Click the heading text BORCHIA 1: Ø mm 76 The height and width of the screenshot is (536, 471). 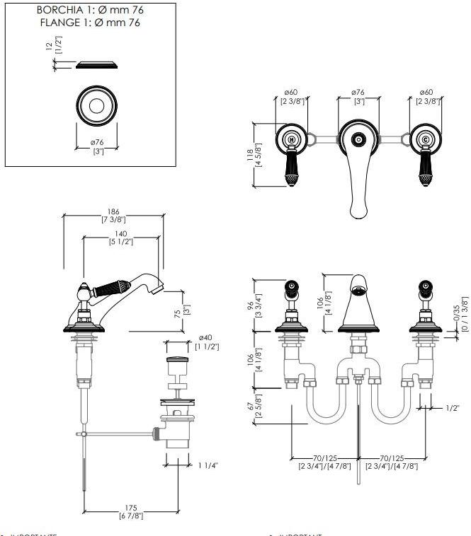point(89,11)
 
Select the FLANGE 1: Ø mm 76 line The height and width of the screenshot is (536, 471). point(89,23)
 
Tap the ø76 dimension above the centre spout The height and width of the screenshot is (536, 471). point(358,92)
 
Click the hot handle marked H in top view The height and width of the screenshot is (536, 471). point(291,139)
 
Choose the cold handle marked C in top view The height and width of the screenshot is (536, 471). point(425,139)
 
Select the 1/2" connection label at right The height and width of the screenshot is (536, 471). point(453,408)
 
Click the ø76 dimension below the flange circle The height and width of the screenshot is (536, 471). point(97,144)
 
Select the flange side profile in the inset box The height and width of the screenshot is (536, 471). point(97,66)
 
